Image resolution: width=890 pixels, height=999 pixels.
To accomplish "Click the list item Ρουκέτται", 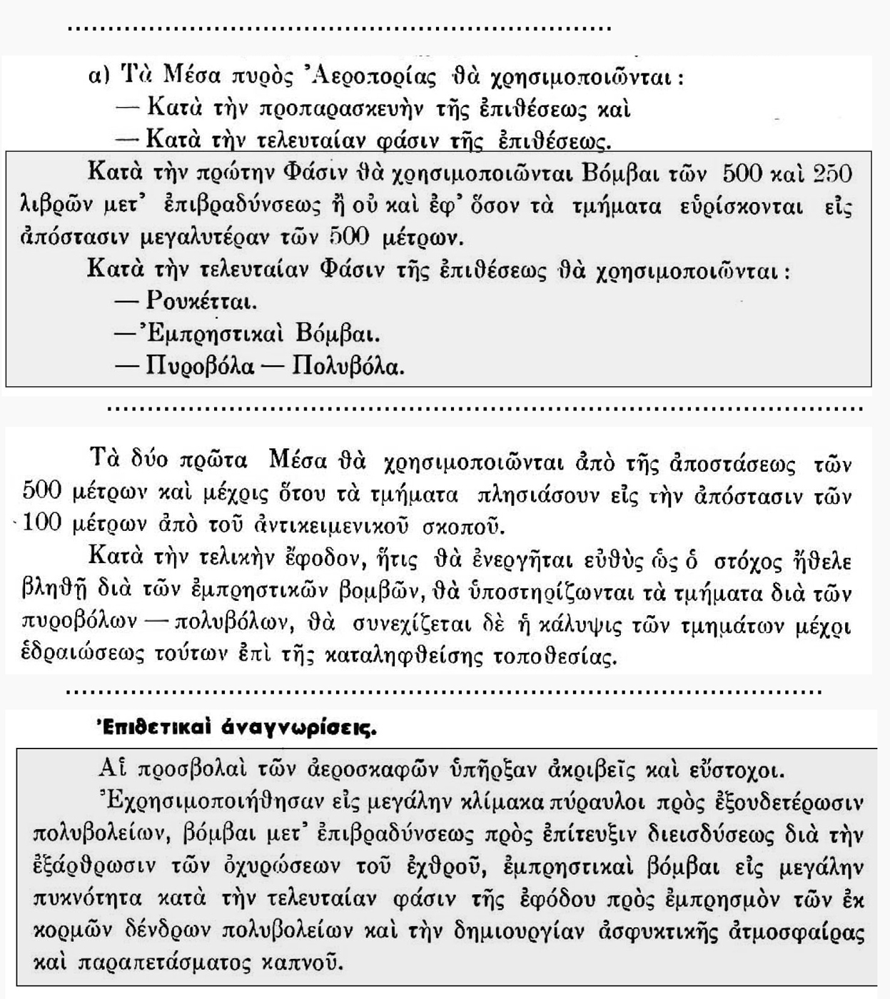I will [x=201, y=301].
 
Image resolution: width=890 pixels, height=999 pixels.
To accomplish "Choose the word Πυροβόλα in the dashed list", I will [x=200, y=366].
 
